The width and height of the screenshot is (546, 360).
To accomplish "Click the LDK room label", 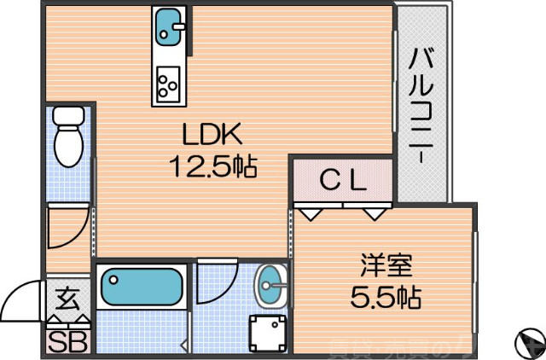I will pos(212,134).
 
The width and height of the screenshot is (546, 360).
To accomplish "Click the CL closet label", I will pos(343,180).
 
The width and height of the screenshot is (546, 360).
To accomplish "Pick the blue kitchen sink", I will pos(169,28).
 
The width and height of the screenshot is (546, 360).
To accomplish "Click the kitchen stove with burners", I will pos(167,84).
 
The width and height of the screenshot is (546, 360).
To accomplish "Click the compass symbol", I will pos(528,344).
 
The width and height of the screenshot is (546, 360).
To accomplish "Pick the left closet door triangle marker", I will pos(311,212).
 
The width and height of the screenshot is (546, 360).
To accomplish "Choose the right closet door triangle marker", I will pos(375,212).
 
